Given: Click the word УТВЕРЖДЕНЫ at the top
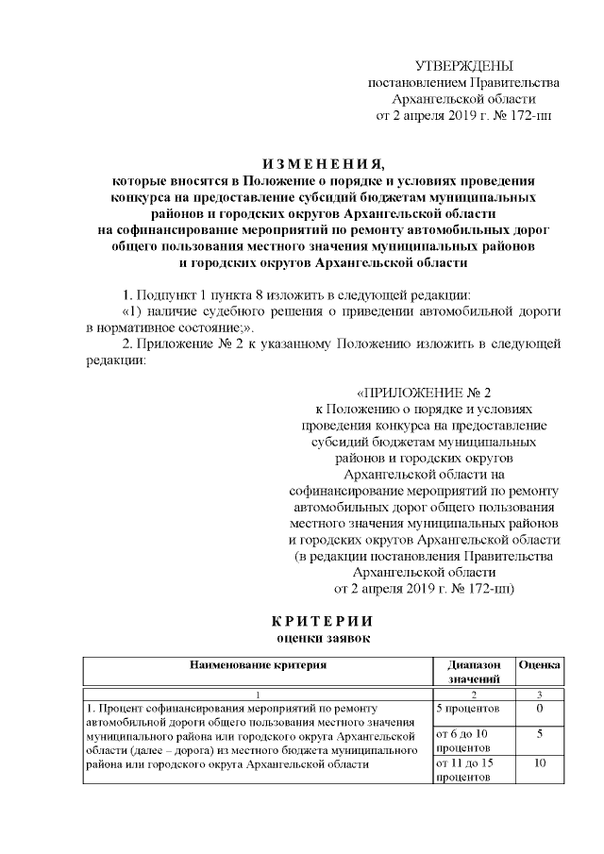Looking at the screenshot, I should coord(463,65).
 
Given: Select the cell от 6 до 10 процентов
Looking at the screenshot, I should coord(462,740).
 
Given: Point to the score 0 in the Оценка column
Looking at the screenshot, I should coord(540,707).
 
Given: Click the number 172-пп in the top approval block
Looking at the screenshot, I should coord(529,116).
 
